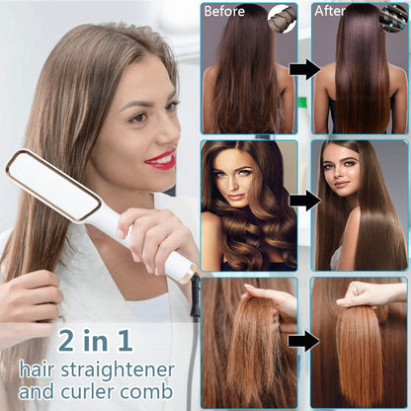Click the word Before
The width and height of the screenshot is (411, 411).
point(224,11)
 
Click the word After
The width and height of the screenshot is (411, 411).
point(330,11)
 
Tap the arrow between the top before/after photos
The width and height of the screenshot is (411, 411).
point(305,69)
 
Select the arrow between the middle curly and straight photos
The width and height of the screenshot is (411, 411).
point(305,201)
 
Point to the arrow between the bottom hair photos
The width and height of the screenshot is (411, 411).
point(304,341)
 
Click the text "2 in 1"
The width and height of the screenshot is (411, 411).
point(95,341)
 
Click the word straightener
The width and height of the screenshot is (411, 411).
point(118,370)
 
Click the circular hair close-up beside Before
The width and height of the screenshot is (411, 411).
point(283,19)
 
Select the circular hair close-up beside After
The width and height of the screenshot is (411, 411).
point(394,19)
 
